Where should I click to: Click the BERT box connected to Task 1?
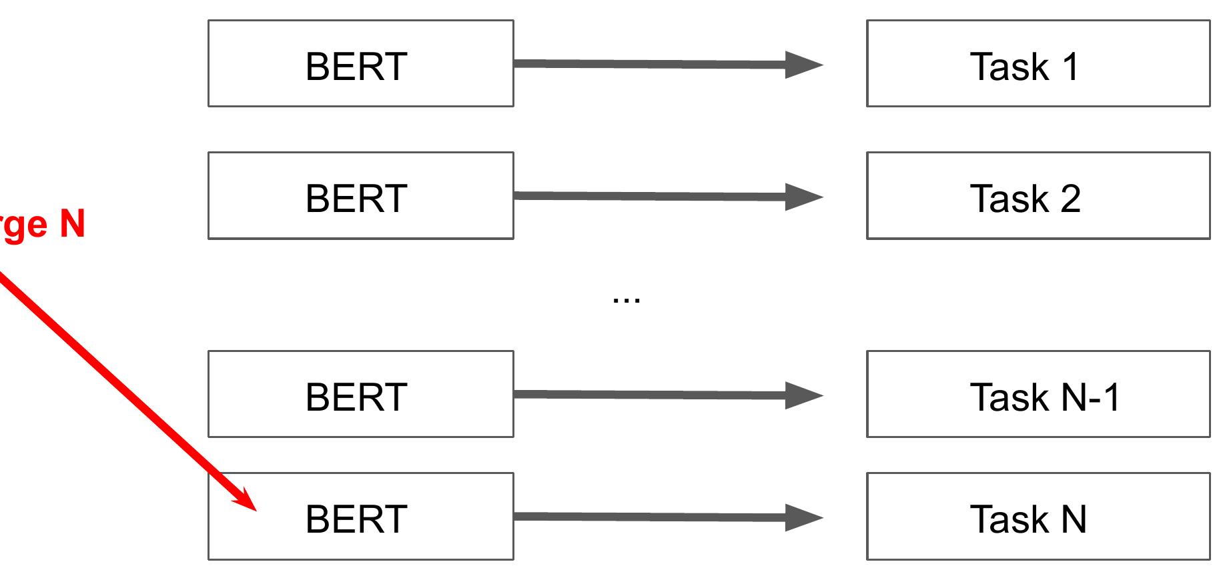point(360,64)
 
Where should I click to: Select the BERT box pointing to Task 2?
point(360,196)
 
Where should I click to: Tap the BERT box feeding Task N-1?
point(360,395)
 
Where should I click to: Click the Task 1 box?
point(1038,64)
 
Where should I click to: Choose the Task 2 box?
point(1038,196)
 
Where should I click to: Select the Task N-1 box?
point(1038,395)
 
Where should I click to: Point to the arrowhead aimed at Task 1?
point(804,65)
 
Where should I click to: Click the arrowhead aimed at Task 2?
point(804,197)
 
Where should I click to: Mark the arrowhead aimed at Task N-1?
point(804,395)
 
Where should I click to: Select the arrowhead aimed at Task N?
point(804,518)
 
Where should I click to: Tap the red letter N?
point(72,224)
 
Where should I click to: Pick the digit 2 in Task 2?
point(1070,199)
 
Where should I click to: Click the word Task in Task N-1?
point(1010,397)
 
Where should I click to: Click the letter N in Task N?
point(1074,519)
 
